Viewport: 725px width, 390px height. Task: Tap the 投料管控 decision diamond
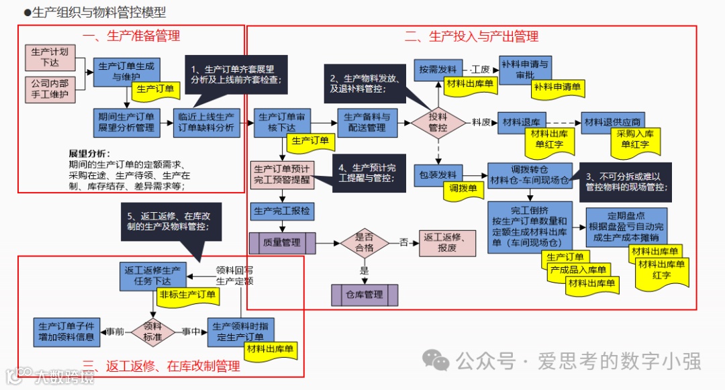[x=438, y=122]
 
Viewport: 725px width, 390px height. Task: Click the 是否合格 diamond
[x=365, y=243]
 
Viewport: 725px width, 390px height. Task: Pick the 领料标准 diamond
[x=153, y=332]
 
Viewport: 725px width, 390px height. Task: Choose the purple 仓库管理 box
[x=365, y=295]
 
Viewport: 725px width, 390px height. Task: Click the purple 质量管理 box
[x=282, y=243]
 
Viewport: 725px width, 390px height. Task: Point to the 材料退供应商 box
[x=612, y=121]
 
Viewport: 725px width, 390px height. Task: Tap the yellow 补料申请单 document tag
[x=558, y=87]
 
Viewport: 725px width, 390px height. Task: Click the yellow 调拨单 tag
[x=463, y=189]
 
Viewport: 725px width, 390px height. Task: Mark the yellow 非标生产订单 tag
[x=188, y=294]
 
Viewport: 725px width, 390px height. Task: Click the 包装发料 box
[x=438, y=173]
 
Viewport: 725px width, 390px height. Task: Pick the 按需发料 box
[x=438, y=69]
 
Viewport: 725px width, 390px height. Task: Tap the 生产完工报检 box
[x=282, y=211]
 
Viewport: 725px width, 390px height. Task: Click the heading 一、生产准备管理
[x=131, y=36]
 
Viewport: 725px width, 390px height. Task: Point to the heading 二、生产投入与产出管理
[x=471, y=37]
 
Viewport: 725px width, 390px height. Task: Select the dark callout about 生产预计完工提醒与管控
[x=366, y=173]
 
